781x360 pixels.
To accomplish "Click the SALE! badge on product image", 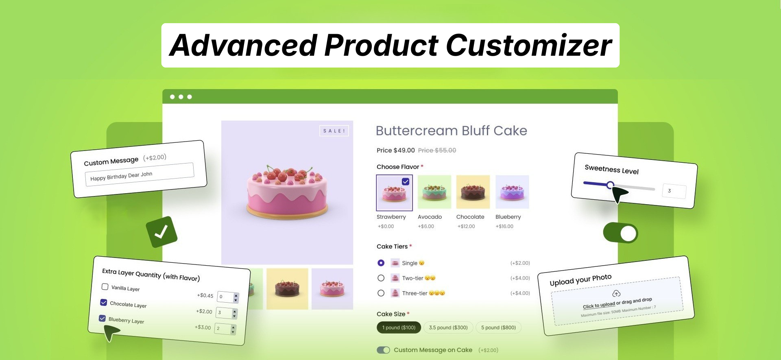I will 334,131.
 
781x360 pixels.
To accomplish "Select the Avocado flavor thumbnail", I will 434,192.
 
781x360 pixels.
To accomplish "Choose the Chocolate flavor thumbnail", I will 473,192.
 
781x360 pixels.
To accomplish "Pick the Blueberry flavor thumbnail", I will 512,192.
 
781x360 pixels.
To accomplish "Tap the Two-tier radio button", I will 381,278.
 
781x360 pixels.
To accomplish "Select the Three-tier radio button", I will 381,293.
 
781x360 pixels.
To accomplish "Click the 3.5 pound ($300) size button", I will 448,327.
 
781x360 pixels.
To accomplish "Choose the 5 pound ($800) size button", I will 498,327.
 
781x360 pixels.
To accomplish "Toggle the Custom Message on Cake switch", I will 383,350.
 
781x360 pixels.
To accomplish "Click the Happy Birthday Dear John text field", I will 139,175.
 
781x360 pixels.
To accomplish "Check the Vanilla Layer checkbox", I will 105,287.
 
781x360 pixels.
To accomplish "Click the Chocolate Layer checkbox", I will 104,303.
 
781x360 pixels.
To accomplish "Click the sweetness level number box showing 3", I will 674,191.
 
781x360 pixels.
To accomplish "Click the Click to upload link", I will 598,305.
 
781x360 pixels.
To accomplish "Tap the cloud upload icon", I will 616,293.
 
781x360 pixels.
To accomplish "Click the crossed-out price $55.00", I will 437,151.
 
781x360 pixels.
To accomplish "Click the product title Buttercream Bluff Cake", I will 451,131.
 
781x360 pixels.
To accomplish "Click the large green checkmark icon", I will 161,232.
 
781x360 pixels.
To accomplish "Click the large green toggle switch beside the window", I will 620,233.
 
